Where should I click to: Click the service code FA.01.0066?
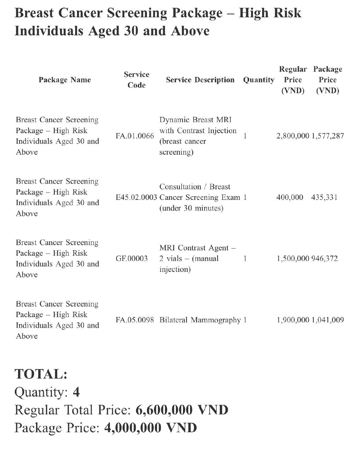pyautogui.click(x=135, y=136)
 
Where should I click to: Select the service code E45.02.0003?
pyautogui.click(x=136, y=197)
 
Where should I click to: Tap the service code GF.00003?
pyautogui.click(x=131, y=258)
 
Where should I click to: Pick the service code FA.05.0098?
pyautogui.click(x=135, y=320)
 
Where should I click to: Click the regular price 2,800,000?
pyautogui.click(x=293, y=136)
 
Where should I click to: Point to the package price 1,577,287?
pyautogui.click(x=327, y=136)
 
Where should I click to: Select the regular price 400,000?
pyautogui.click(x=289, y=197)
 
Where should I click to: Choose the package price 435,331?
pyautogui.click(x=324, y=197)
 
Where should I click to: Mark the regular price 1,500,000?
pyautogui.click(x=293, y=258)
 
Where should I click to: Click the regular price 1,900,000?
pyautogui.click(x=293, y=320)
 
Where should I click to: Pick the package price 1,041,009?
pyautogui.click(x=327, y=320)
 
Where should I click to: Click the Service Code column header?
pyautogui.click(x=136, y=80)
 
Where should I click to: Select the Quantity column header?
pyautogui.click(x=258, y=80)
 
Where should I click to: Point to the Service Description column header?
pyautogui.click(x=200, y=80)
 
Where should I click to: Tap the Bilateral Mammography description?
pyautogui.click(x=200, y=320)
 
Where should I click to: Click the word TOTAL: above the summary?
pyautogui.click(x=41, y=374)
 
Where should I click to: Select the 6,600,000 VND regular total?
pyautogui.click(x=182, y=410)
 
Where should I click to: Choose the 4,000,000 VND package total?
pyautogui.click(x=151, y=428)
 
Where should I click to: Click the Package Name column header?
pyautogui.click(x=65, y=80)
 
